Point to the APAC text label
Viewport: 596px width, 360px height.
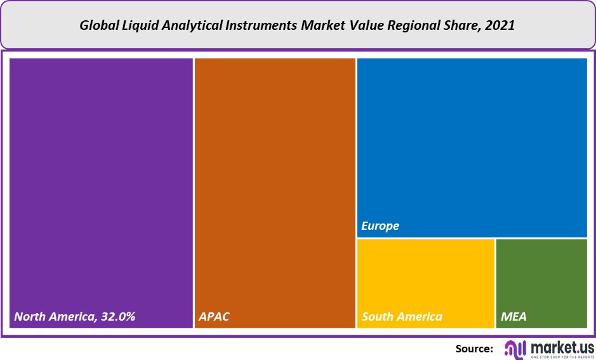214,316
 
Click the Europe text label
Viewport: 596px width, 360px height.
380,226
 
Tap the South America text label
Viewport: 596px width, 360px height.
402,316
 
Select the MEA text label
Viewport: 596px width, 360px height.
513,316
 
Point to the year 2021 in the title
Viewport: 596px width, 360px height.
501,26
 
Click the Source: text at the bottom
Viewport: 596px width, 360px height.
474,348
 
